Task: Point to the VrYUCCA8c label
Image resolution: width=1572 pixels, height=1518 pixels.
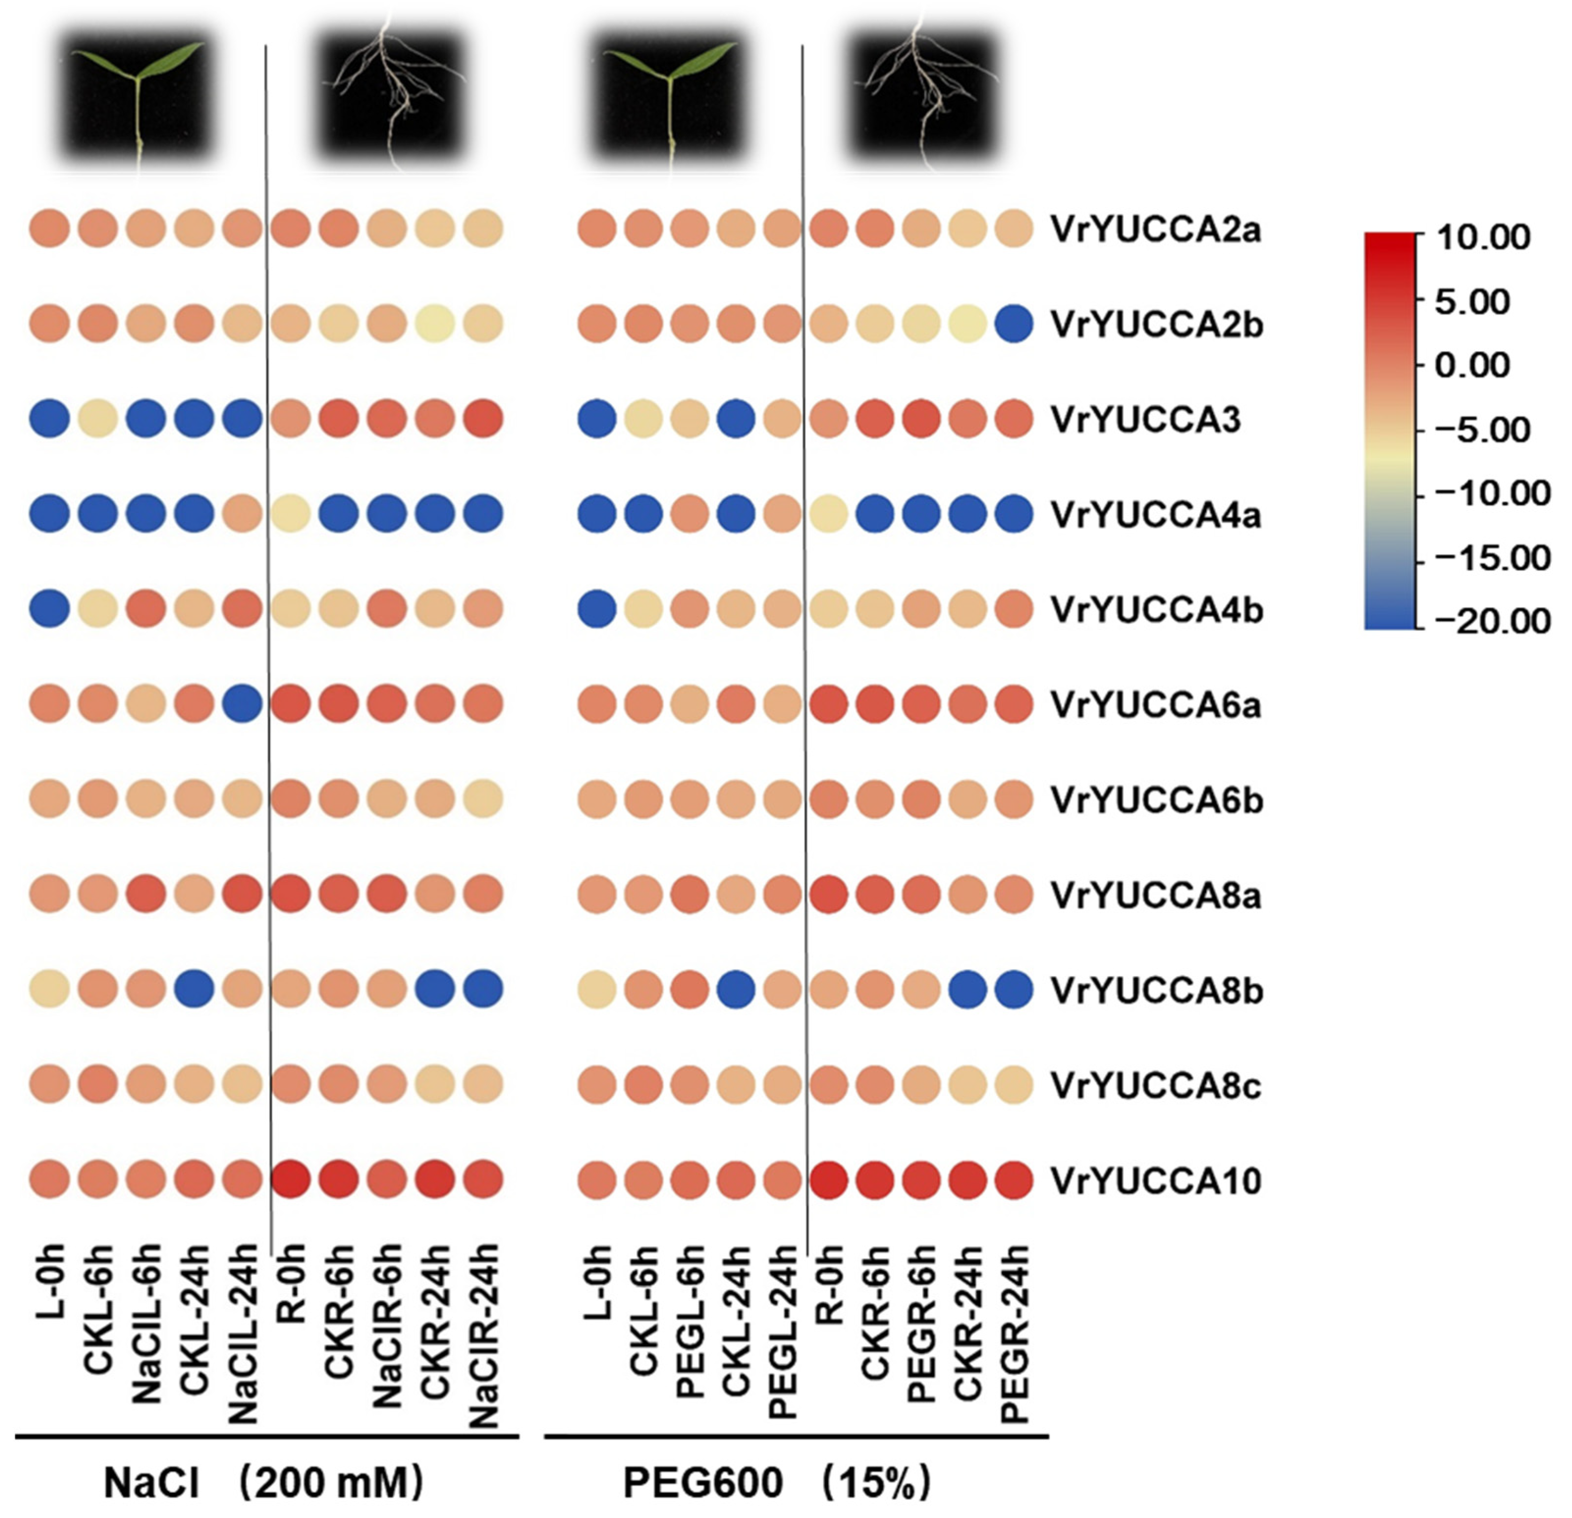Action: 1155,1086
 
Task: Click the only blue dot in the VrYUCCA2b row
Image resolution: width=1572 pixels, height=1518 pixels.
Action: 1015,324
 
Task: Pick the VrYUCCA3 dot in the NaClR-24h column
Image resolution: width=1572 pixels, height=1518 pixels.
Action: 484,419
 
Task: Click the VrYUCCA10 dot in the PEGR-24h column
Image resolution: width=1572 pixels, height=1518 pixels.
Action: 1015,1180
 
